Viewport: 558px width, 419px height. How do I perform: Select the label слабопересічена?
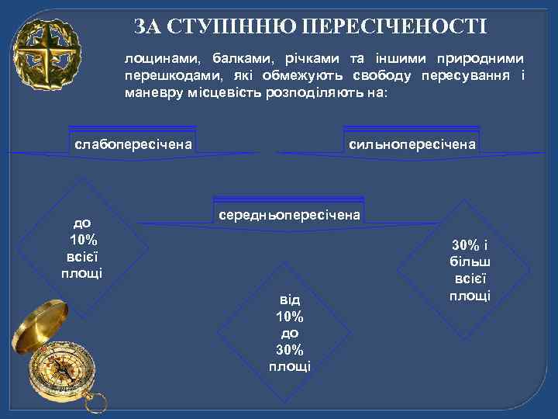(x=133, y=144)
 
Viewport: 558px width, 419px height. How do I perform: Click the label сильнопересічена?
(x=413, y=144)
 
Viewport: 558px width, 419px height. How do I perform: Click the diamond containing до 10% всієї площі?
(x=82, y=244)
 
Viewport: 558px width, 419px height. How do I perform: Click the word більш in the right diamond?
(x=470, y=262)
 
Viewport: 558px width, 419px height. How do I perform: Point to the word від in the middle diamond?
(x=290, y=300)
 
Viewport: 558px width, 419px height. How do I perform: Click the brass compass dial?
(x=60, y=372)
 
